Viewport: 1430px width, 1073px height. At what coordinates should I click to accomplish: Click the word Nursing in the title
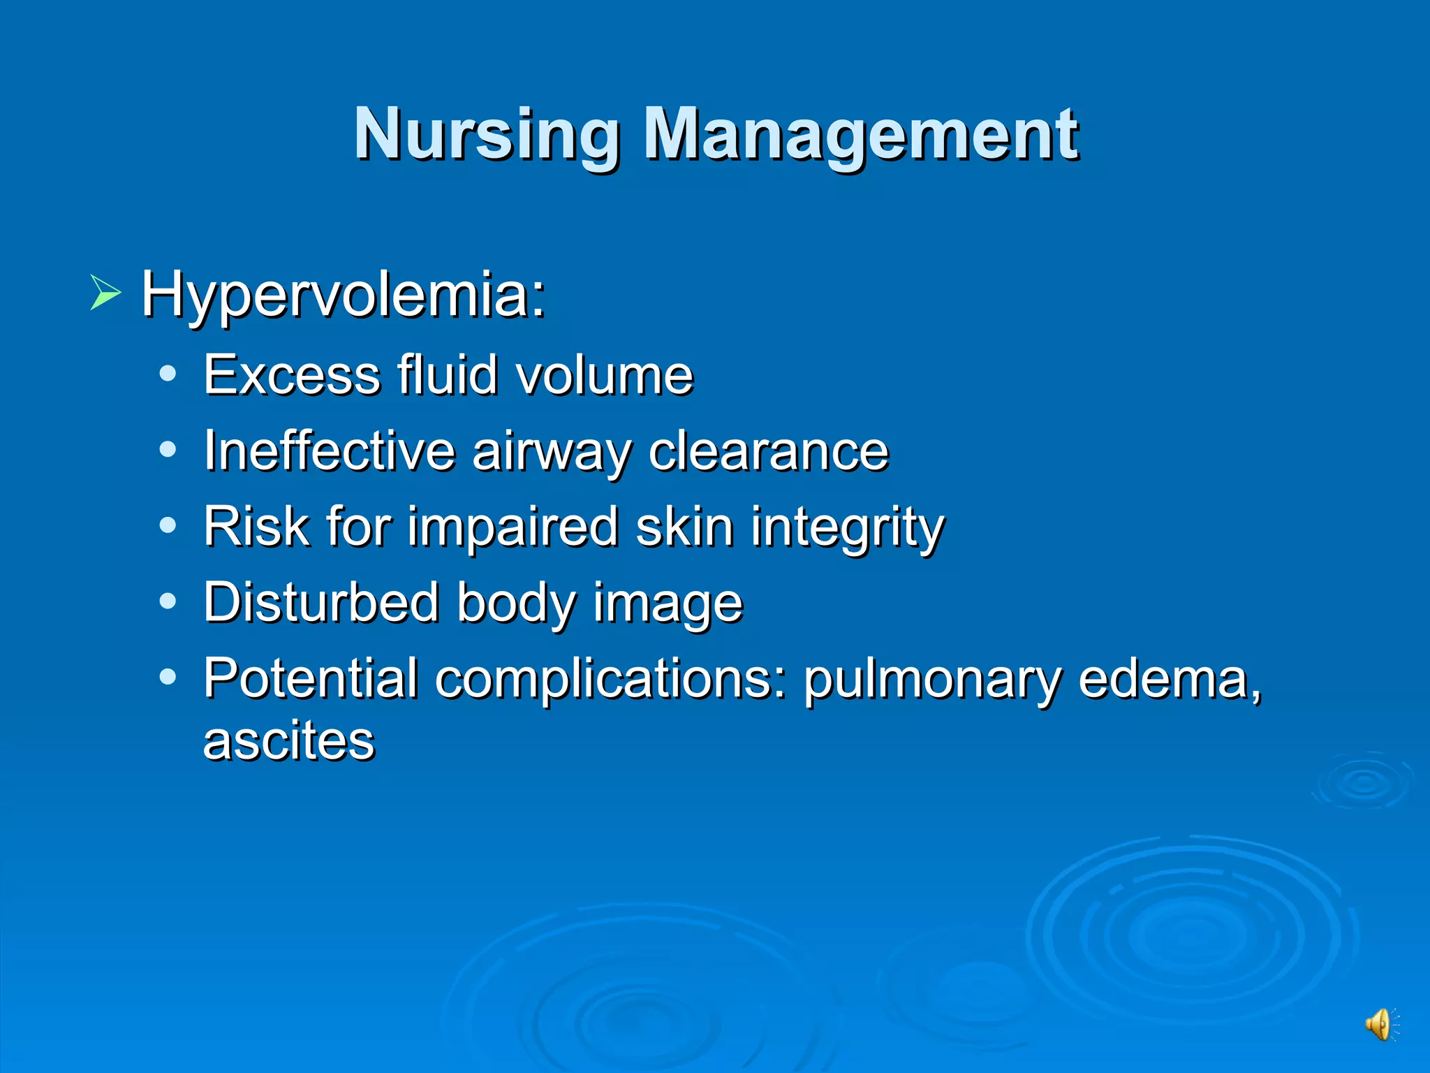click(x=487, y=134)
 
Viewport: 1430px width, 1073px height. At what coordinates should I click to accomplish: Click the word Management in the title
click(x=860, y=134)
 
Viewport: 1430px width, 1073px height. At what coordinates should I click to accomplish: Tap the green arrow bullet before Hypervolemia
click(x=105, y=293)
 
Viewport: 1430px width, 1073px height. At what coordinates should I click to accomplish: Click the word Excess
click(x=292, y=375)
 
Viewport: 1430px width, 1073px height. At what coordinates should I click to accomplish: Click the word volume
click(x=605, y=375)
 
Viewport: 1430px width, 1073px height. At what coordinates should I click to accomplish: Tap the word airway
click(x=552, y=453)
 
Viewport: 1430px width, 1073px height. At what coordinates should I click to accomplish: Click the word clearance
click(x=768, y=451)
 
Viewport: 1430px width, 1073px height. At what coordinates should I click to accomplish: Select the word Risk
click(x=256, y=526)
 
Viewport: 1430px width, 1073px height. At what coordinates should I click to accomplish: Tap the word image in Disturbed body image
click(x=668, y=604)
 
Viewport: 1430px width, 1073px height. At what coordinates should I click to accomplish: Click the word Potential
click(x=311, y=678)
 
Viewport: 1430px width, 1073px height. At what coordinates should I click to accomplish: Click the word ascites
click(x=288, y=740)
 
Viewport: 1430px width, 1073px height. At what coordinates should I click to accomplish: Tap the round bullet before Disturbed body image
click(x=168, y=601)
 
